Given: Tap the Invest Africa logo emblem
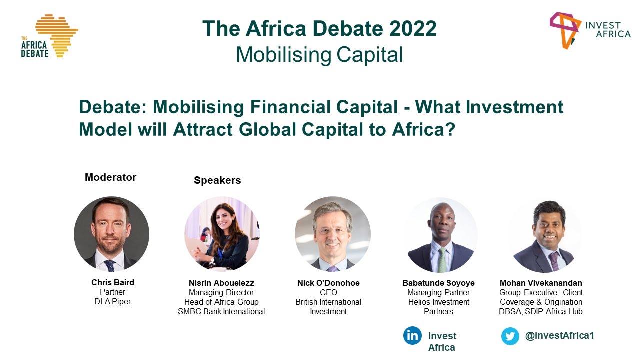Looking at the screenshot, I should [565, 29].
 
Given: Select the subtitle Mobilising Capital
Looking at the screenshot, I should [319, 54].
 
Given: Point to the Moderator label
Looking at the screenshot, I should [110, 177].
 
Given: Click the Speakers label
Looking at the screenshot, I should [217, 180].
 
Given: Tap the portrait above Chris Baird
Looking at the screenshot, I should [111, 234].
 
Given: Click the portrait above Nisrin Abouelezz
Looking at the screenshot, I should [222, 233].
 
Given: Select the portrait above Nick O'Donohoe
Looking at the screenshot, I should [332, 234].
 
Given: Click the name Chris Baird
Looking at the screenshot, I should [113, 283].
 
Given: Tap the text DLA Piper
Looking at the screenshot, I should [113, 302].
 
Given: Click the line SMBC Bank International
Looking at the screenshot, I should [221, 312].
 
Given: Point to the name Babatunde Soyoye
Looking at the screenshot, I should [438, 283].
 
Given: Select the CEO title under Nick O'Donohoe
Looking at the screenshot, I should [328, 292].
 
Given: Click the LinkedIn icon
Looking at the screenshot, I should [412, 336].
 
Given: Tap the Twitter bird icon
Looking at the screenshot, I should [510, 336].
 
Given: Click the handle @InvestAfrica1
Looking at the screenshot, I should [559, 336].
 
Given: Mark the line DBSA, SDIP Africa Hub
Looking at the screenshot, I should [541, 312].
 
